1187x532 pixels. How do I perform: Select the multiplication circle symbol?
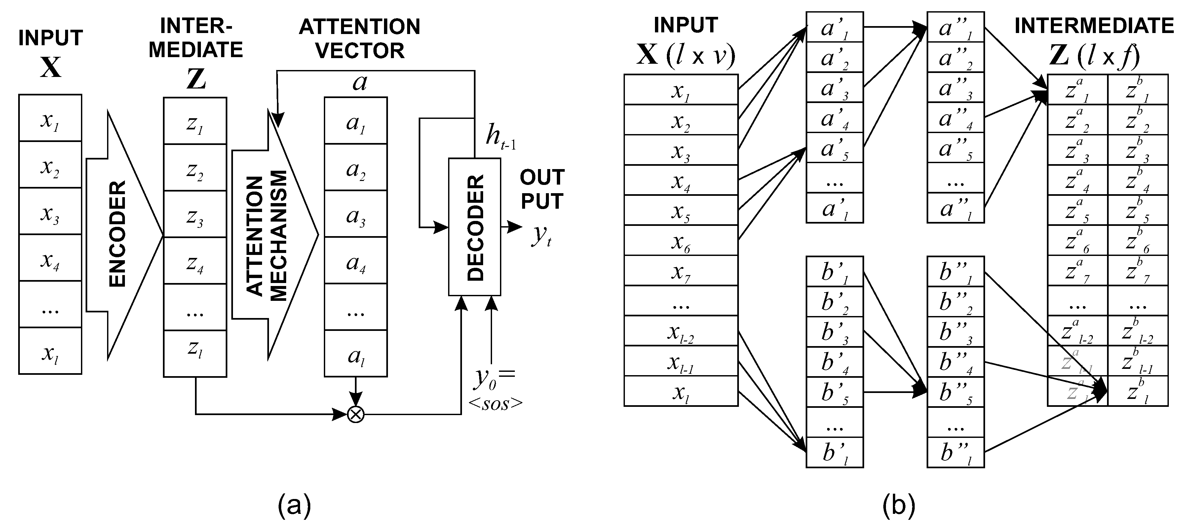coord(355,414)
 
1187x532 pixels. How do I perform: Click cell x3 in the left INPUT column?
coord(50,211)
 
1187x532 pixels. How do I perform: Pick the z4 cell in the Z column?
coord(195,261)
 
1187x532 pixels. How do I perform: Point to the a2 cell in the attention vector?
coord(356,168)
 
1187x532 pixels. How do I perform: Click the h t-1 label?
coord(500,137)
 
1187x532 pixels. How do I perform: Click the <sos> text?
coord(496,404)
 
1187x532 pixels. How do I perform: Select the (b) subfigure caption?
coord(899,505)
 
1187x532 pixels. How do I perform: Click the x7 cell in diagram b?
coord(681,271)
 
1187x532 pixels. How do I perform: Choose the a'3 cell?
coord(834,88)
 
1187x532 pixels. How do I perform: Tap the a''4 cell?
coord(956,118)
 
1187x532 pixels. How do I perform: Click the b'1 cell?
coord(834,271)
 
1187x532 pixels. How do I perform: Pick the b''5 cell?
coord(956,392)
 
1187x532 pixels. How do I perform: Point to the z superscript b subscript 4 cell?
coord(1138,180)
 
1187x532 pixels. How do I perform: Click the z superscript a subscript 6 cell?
coord(1077,240)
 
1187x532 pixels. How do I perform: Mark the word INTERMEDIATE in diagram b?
coord(1094,26)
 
